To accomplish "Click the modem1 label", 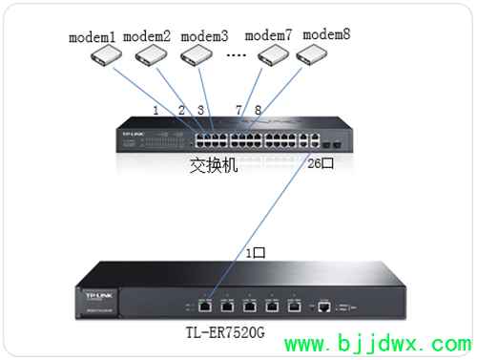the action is click(92, 38).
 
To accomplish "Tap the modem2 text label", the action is click(147, 37).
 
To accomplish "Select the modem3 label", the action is click(204, 37).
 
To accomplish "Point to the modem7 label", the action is click(269, 35).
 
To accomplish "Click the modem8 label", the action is click(326, 35).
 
